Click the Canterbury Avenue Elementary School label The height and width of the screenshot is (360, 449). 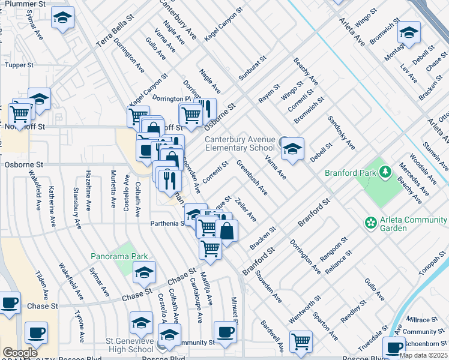(240, 143)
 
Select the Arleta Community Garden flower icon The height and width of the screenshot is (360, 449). (371, 223)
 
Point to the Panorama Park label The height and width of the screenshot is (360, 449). (119, 256)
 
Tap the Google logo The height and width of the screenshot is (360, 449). (20, 353)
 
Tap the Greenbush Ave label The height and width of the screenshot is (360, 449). (252, 177)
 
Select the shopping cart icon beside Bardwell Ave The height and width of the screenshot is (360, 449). (301, 342)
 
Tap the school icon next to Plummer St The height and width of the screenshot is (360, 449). (62, 19)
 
